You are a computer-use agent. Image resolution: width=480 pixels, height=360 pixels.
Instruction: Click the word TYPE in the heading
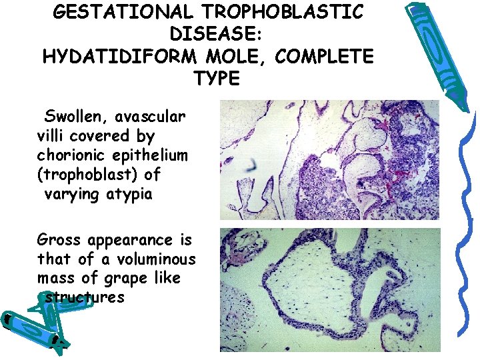point(217,79)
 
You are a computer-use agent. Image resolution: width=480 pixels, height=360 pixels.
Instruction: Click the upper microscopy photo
point(329,160)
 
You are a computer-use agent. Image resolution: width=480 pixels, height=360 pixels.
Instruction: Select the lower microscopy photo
point(329,289)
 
